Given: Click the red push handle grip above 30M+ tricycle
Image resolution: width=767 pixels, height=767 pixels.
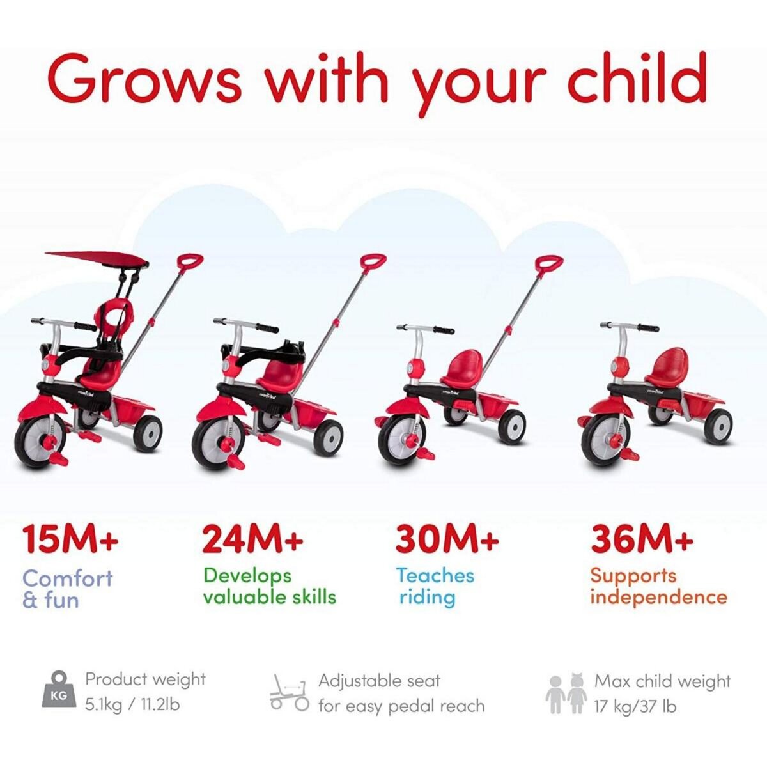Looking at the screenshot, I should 549,263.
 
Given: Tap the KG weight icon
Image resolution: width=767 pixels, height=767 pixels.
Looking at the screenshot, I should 58,691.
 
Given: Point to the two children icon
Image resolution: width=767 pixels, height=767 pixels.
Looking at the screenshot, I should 566,693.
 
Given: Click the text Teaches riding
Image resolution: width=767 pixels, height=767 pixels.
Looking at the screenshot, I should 435,586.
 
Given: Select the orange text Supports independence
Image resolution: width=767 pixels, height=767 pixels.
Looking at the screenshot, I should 658,586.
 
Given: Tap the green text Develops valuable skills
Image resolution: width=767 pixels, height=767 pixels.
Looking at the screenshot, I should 269,586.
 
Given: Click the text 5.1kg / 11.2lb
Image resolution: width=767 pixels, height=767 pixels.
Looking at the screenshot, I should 132,705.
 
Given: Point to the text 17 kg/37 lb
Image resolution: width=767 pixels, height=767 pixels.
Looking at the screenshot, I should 635,706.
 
